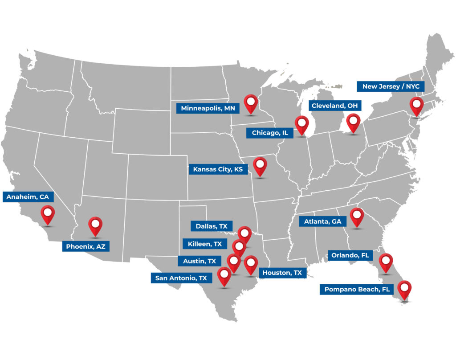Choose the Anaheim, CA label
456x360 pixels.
[x=28, y=196]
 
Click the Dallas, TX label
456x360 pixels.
[x=212, y=226]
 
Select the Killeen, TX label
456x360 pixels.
[x=205, y=244]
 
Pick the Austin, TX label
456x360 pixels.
[x=199, y=261]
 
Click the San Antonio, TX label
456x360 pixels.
[x=181, y=278]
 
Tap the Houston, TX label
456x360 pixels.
[x=282, y=273]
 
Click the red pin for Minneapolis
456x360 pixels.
[x=251, y=103]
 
